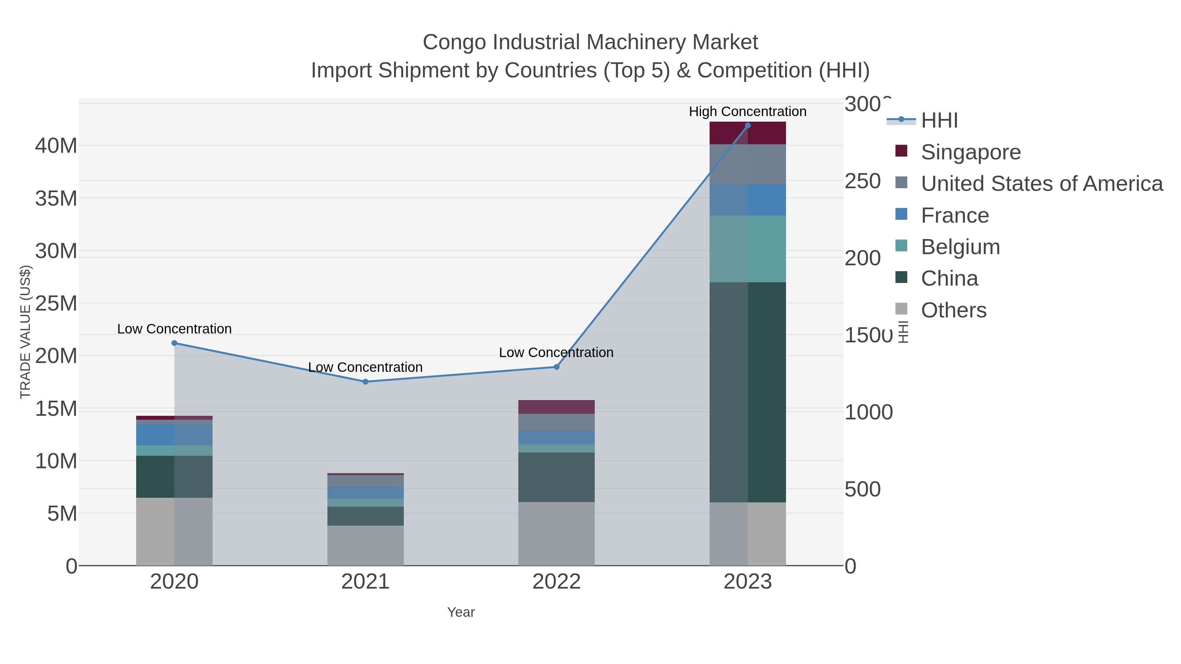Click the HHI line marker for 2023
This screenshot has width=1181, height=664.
click(748, 126)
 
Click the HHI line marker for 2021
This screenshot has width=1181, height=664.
click(365, 382)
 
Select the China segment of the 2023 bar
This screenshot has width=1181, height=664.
click(748, 392)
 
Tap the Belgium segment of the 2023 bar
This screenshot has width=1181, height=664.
click(748, 249)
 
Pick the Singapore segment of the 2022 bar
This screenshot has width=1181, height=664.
click(557, 407)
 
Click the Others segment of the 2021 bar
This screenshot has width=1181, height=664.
click(365, 545)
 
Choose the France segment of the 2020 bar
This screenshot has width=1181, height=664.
click(174, 434)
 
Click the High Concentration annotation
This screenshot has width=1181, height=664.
click(747, 111)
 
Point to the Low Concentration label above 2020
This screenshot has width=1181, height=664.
click(174, 329)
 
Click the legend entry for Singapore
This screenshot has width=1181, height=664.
click(971, 152)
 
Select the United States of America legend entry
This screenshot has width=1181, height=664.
click(1042, 184)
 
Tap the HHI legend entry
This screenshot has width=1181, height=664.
click(939, 121)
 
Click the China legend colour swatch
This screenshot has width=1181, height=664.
click(901, 277)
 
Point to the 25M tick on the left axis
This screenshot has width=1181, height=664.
click(56, 303)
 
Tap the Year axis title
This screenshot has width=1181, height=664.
click(461, 612)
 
